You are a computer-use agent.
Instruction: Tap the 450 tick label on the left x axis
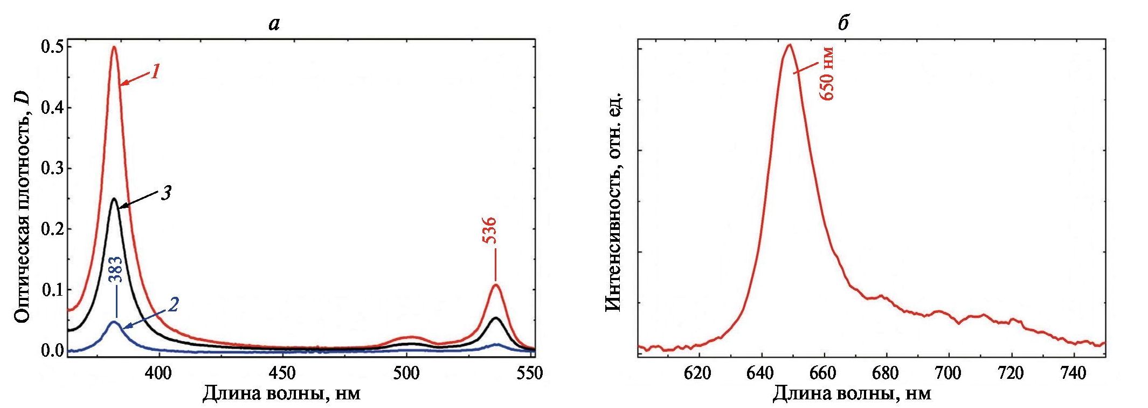pyautogui.click(x=282, y=373)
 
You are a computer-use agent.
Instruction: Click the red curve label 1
pyautogui.click(x=155, y=71)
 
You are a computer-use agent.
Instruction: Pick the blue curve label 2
pyautogui.click(x=173, y=305)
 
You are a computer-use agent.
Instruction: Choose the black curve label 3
pyautogui.click(x=167, y=193)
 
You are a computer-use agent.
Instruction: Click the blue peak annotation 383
pyautogui.click(x=116, y=270)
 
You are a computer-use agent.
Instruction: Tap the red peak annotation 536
pyautogui.click(x=489, y=230)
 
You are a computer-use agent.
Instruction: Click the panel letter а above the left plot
pyautogui.click(x=274, y=23)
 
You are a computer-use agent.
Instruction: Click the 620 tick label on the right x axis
pyautogui.click(x=699, y=373)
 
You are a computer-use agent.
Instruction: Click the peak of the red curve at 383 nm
pyautogui.click(x=114, y=47)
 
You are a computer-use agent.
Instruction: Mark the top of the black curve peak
pyautogui.click(x=114, y=199)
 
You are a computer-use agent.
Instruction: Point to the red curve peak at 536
pyautogui.click(x=495, y=285)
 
